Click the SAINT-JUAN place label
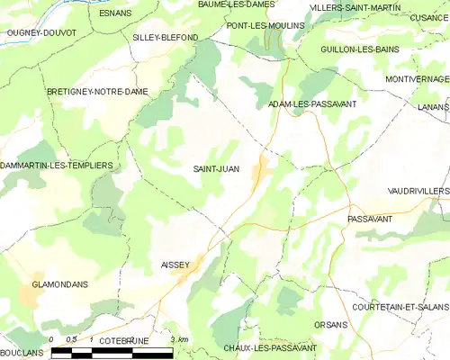[x=216, y=168]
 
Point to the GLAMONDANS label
[x=59, y=284]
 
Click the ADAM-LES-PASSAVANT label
[x=312, y=104]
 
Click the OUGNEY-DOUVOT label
[x=41, y=32]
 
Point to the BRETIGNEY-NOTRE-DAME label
[x=97, y=92]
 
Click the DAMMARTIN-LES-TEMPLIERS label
[x=57, y=166]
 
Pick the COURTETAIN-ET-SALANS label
[x=400, y=307]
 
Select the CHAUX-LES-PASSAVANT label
[x=269, y=347]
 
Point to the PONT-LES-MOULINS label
[x=264, y=27]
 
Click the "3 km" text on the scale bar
[x=178, y=339]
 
